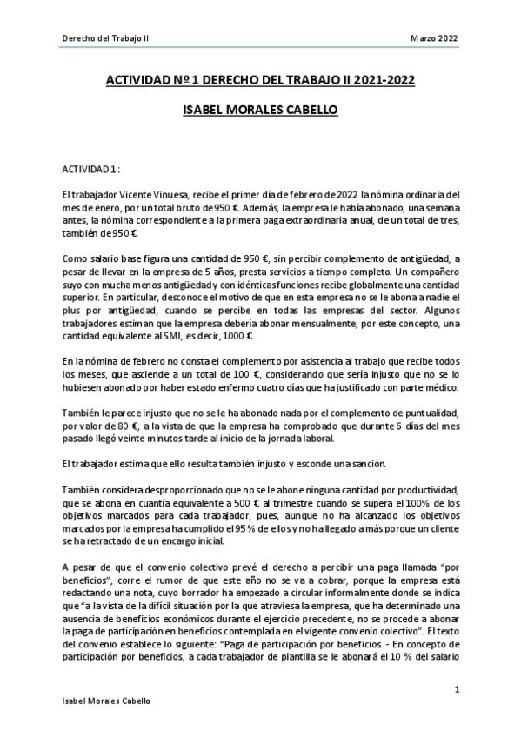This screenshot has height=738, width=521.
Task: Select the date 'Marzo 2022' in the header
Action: [434, 38]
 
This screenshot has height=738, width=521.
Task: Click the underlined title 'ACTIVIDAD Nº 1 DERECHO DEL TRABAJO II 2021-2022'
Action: [259, 80]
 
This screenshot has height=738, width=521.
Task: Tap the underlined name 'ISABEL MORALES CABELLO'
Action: [259, 111]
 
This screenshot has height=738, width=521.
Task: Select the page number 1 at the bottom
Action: [457, 689]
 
